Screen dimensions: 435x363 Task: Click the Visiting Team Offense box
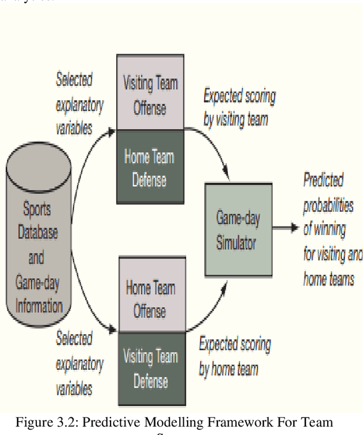(150, 93)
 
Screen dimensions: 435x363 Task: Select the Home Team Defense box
(150, 168)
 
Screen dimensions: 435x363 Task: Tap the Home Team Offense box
(150, 298)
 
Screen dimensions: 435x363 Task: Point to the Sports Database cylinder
(39, 238)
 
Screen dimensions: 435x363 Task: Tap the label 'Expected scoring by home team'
(234, 357)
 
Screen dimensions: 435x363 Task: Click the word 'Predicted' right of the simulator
(323, 181)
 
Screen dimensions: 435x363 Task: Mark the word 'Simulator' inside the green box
(236, 243)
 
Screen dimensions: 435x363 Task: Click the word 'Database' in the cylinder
(37, 233)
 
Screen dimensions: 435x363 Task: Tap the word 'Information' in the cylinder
(39, 306)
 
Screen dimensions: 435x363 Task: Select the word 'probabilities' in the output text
(328, 206)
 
